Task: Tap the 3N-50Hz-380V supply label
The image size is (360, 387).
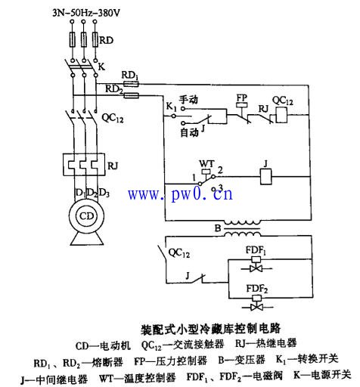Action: tap(86, 13)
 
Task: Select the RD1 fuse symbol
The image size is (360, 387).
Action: tap(131, 84)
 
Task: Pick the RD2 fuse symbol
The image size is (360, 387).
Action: tap(132, 95)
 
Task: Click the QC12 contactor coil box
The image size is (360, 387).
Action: tap(281, 115)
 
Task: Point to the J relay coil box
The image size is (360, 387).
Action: tap(266, 177)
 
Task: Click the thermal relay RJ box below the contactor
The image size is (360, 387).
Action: tap(84, 165)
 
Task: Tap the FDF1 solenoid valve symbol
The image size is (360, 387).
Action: tap(256, 265)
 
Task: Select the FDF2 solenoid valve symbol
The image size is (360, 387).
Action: tap(257, 303)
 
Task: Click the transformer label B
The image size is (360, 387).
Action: tap(218, 228)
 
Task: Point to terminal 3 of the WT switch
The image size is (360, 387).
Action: tap(213, 189)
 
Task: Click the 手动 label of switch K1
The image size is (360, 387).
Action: tap(188, 100)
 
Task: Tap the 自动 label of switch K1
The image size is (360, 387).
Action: tap(190, 132)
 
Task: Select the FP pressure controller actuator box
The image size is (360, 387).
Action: tap(241, 105)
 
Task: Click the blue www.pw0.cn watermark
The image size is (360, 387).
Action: tap(181, 194)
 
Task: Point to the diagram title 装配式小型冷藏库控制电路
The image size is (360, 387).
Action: tap(210, 329)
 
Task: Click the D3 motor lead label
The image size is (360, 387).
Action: tap(104, 193)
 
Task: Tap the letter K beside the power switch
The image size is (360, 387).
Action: tap(101, 67)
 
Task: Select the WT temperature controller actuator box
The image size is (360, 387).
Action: tap(206, 171)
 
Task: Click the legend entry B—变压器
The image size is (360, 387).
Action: tap(241, 360)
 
